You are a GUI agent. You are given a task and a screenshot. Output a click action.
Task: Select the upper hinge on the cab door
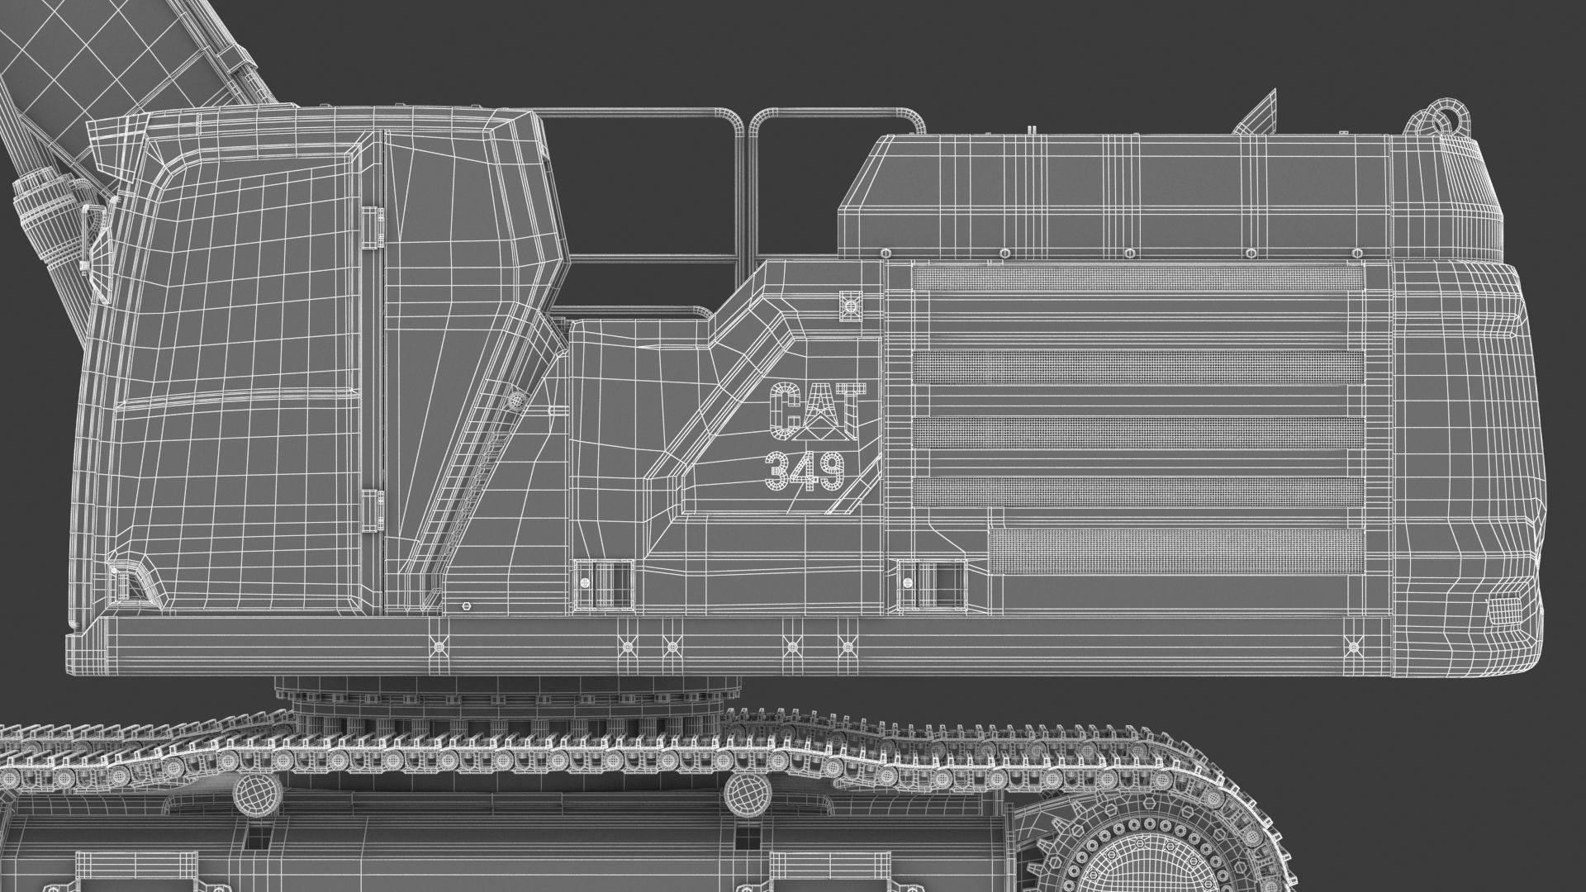click(x=373, y=227)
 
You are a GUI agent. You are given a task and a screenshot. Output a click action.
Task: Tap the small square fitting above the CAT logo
click(x=849, y=306)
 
